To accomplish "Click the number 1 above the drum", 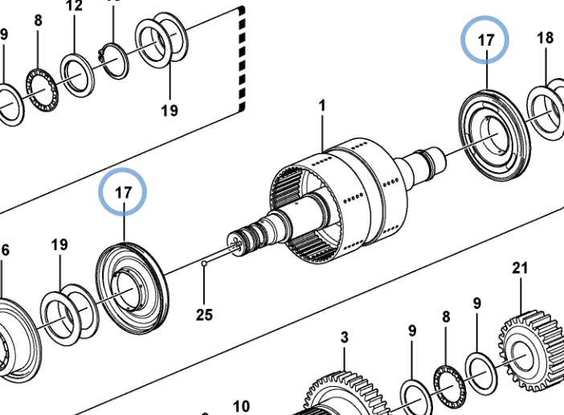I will click(x=322, y=105).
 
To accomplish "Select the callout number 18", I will click(x=545, y=38).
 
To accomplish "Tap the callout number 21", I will click(x=520, y=268).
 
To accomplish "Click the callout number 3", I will click(x=344, y=337).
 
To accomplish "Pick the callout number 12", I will click(x=74, y=7).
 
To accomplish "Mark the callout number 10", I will click(x=241, y=406).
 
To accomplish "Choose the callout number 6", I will click(x=5, y=250).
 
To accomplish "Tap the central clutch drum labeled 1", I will click(x=337, y=197).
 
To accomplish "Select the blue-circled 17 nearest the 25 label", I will click(x=123, y=193).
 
